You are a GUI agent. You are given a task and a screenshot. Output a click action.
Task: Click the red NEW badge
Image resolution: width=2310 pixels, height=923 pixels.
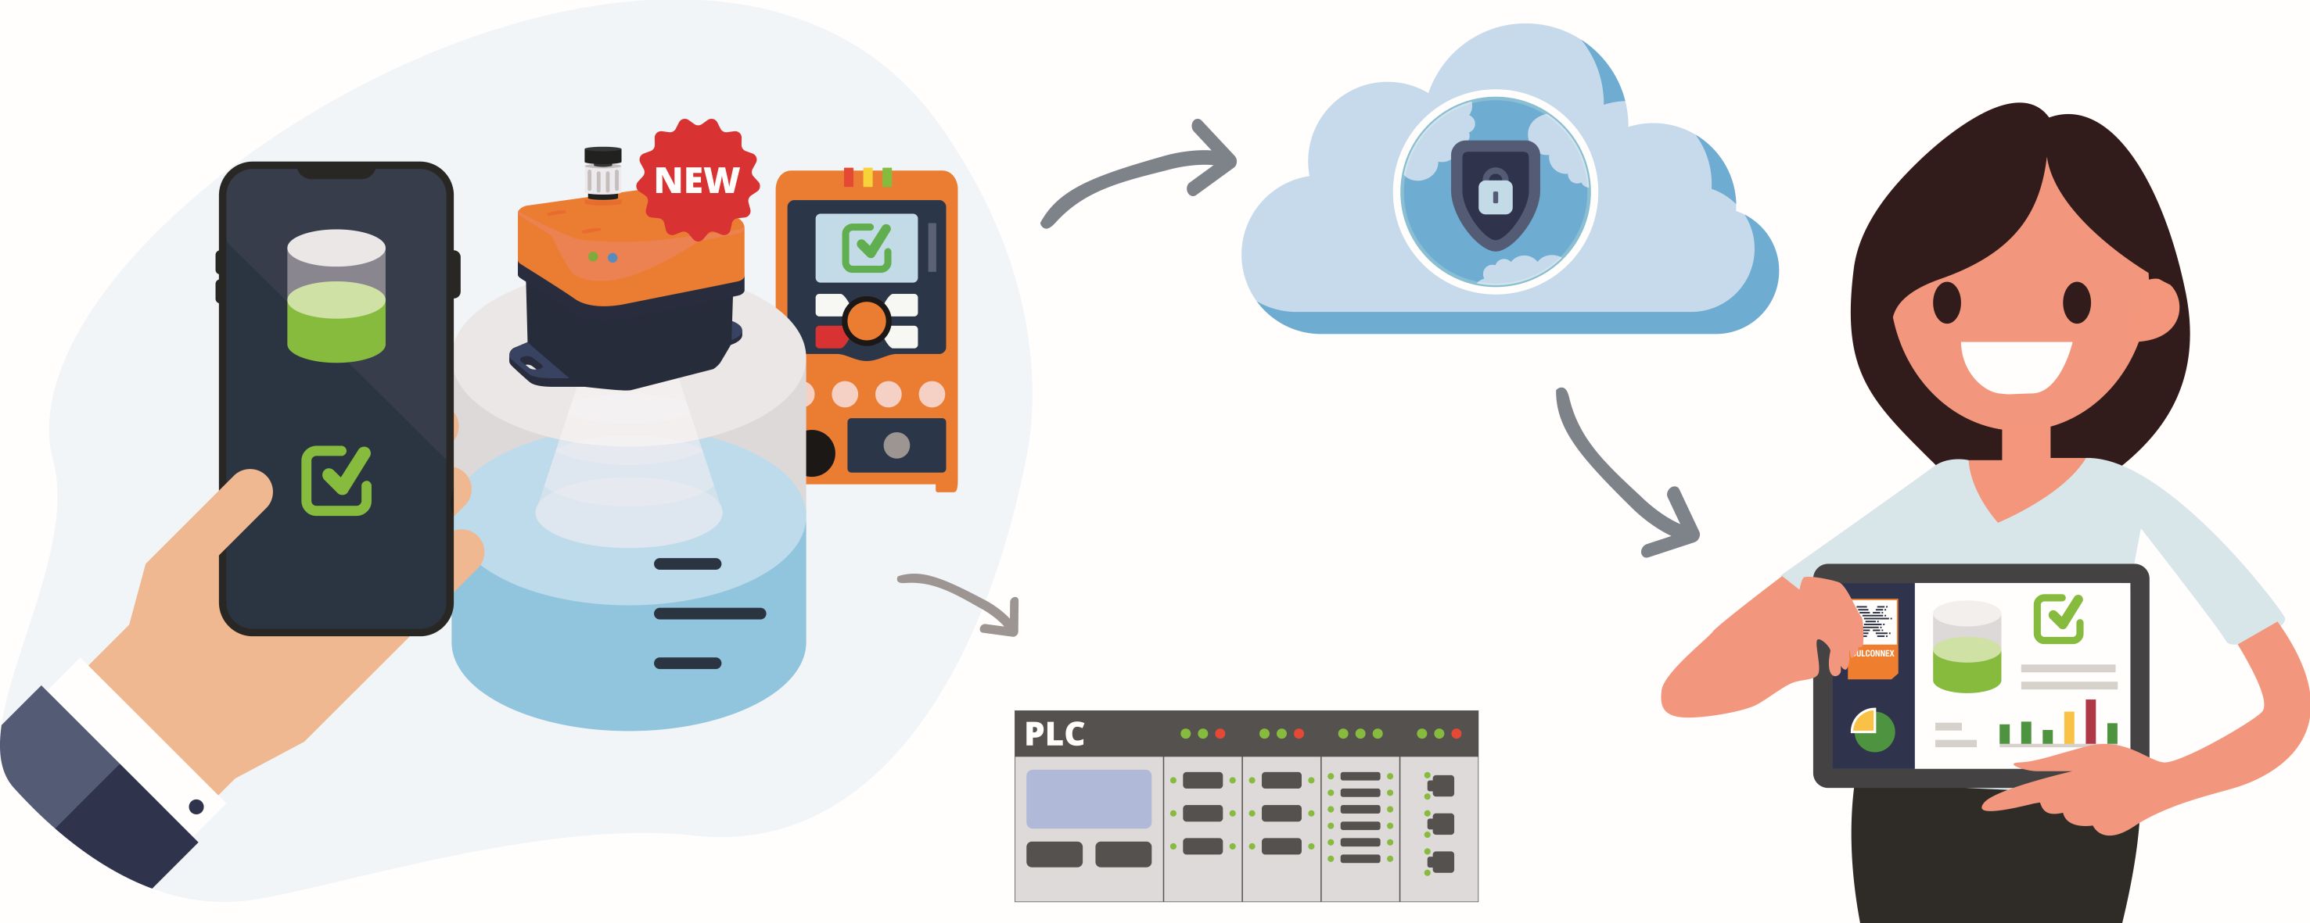[x=698, y=180]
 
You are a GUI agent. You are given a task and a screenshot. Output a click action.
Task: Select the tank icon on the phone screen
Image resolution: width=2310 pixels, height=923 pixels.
[x=336, y=295]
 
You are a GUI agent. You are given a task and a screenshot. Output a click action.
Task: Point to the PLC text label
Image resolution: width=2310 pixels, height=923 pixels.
[x=1054, y=735]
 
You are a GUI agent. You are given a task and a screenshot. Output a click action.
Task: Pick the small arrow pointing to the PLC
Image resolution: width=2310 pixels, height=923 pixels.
[x=968, y=599]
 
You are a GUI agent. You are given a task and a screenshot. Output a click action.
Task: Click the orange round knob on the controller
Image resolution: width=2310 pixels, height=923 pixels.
[x=865, y=320]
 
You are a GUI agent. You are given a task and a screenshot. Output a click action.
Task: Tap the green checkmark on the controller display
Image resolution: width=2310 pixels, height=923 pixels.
[x=866, y=246]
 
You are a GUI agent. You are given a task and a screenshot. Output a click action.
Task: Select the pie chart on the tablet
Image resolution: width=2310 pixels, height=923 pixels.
[x=1874, y=730]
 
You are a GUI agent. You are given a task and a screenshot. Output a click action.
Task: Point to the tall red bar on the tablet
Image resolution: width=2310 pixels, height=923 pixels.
[x=2091, y=721]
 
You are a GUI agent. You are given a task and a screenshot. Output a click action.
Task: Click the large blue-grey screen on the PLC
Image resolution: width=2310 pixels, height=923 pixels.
[x=1088, y=799]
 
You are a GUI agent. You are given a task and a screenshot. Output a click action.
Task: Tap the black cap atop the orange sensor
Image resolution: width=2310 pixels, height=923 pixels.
[x=602, y=158]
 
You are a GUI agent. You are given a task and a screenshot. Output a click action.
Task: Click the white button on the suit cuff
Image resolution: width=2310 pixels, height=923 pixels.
[x=196, y=807]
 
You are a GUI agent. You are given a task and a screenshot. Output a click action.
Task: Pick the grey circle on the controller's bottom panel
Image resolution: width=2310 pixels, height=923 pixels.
[x=896, y=445]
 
